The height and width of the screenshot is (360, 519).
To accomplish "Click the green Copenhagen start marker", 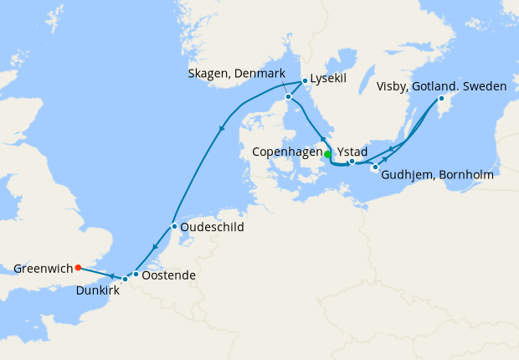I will click(x=327, y=153).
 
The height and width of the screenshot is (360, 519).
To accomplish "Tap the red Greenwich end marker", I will click(x=78, y=268).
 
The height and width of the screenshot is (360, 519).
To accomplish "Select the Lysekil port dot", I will click(x=304, y=81).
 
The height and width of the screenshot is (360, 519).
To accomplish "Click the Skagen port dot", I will click(x=288, y=97).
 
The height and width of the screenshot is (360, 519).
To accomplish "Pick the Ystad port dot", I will click(x=352, y=161).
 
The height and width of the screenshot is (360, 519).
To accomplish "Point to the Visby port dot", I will click(x=441, y=100).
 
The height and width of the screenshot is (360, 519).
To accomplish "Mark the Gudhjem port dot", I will click(x=374, y=167).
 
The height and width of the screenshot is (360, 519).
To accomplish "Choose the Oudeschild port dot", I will click(x=173, y=227).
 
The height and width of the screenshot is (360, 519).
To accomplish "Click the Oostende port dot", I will click(x=136, y=274).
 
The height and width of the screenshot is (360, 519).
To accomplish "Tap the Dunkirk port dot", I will click(x=125, y=279).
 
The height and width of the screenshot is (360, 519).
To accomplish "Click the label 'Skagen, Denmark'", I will click(x=238, y=75).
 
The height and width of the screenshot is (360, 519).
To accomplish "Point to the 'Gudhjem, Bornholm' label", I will click(x=436, y=177).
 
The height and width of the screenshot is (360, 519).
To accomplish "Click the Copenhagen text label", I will click(x=287, y=152).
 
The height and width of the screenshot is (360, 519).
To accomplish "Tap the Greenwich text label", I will click(x=42, y=269).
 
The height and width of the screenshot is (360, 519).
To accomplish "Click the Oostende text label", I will click(x=169, y=275).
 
